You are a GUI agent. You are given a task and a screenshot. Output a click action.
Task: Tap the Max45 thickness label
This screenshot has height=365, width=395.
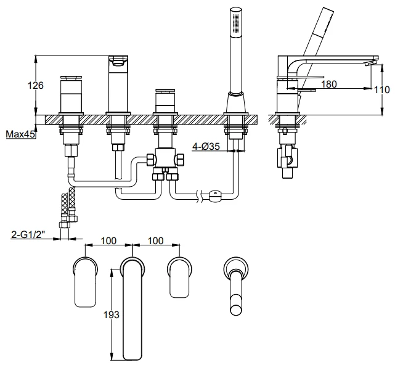tap(18, 133)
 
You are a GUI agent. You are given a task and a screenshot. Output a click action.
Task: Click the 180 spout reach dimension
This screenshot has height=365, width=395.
tap(329, 84)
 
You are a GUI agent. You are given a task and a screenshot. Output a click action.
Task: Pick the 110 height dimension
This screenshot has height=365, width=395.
tap(383, 90)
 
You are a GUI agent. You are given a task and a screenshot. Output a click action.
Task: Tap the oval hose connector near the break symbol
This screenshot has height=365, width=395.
tap(214, 196)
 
